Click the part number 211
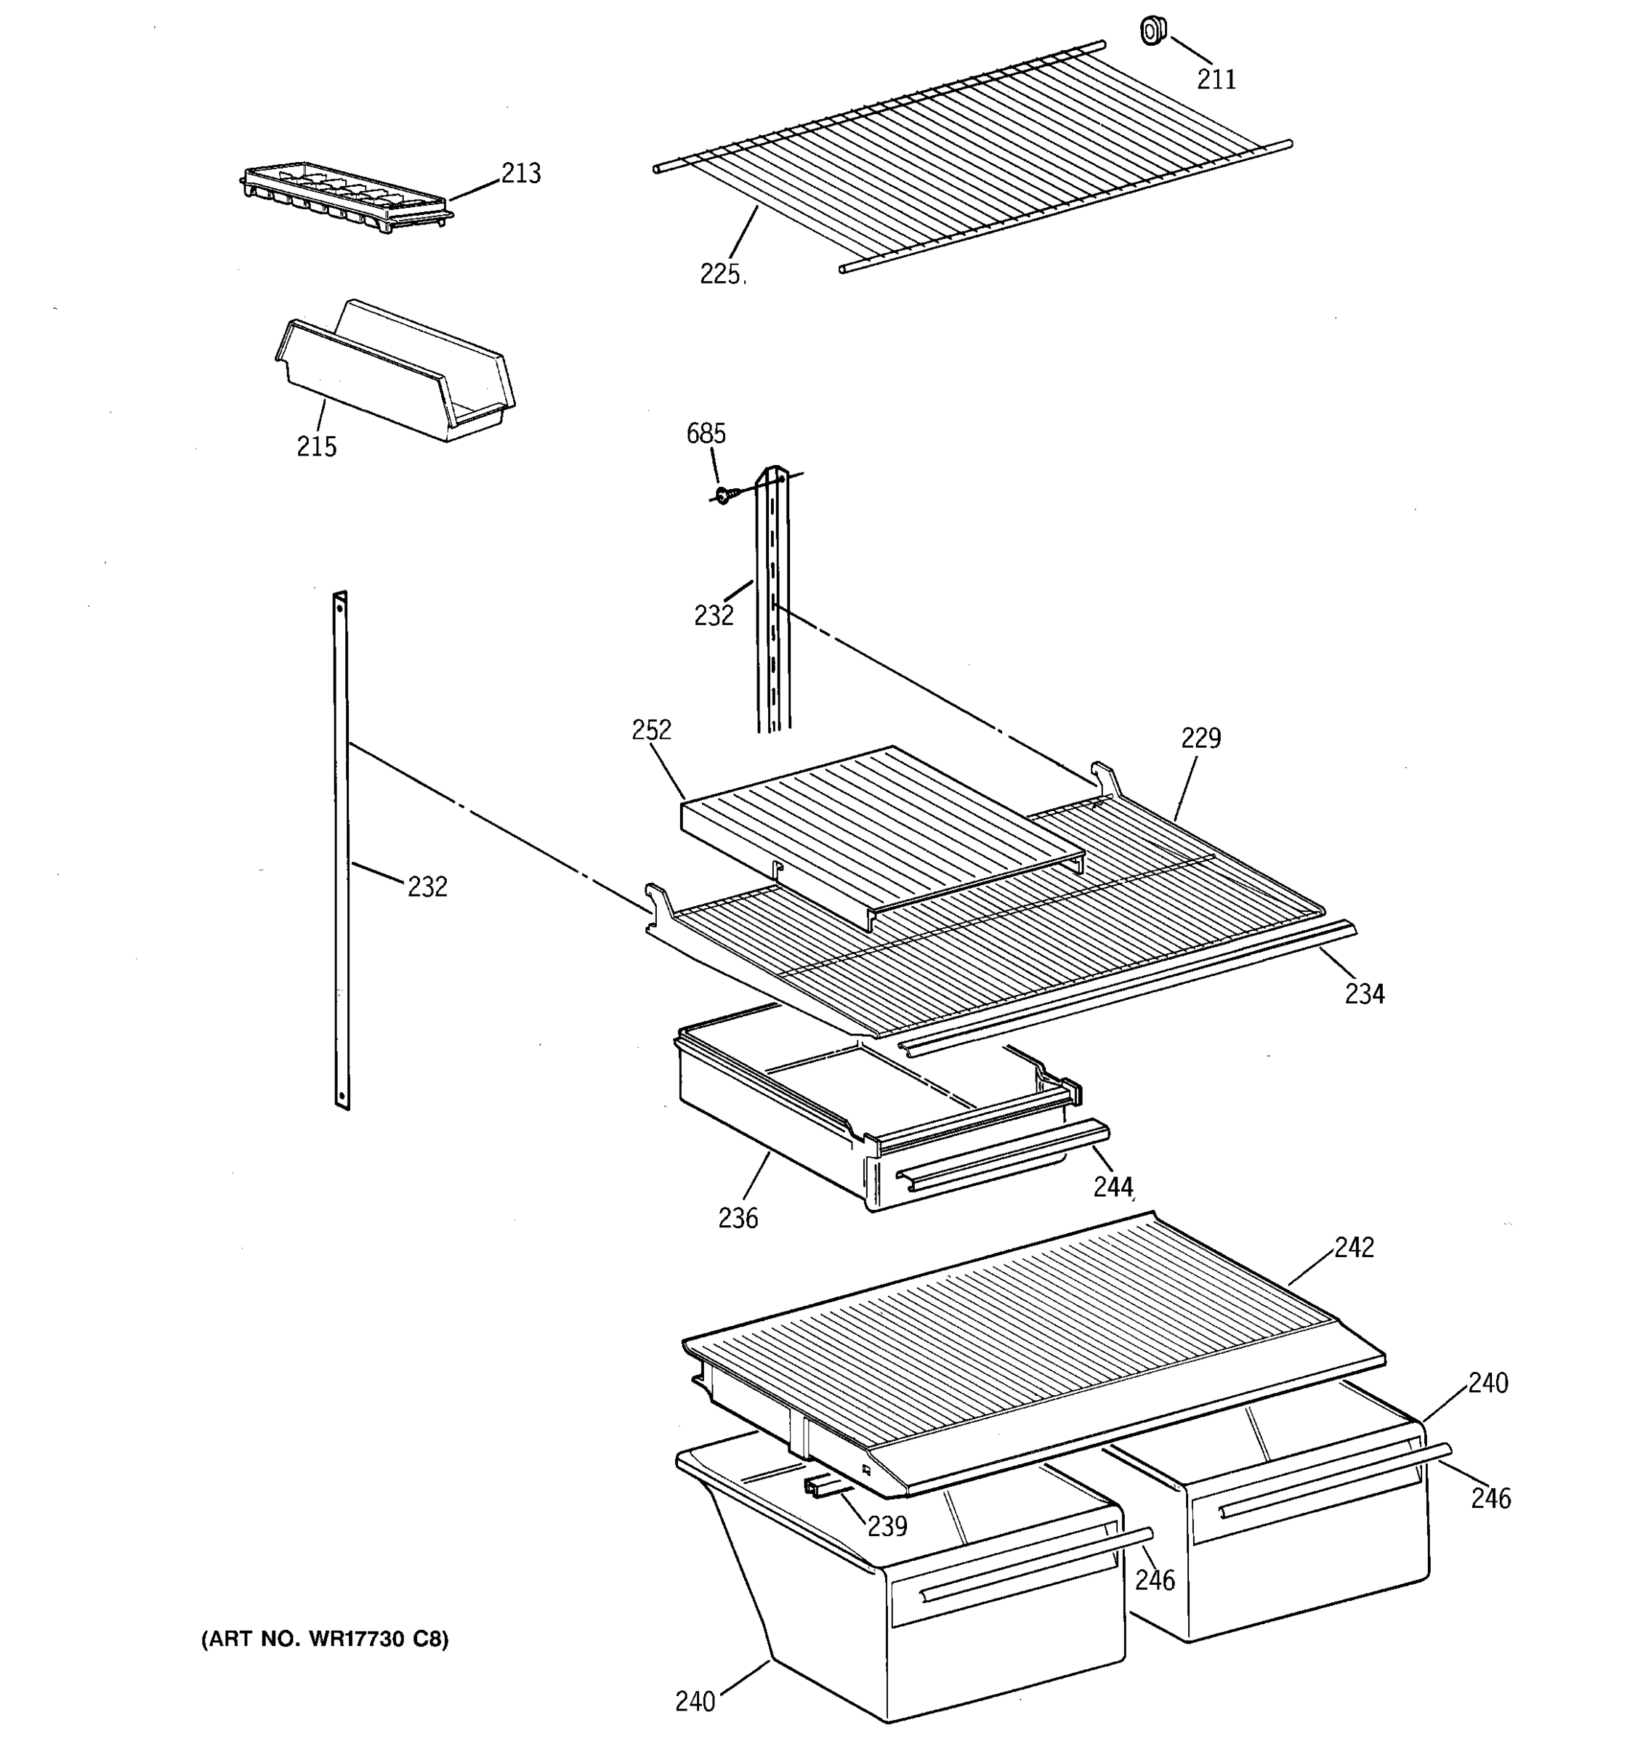1216,80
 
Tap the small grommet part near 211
1152,31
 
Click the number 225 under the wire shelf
720,275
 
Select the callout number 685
706,433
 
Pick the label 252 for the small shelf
652,730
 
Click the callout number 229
1200,738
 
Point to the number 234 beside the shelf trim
1365,994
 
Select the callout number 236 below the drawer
738,1219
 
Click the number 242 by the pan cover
1355,1248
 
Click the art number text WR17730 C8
325,1639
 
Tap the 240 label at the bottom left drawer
695,1702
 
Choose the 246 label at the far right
1491,1498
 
